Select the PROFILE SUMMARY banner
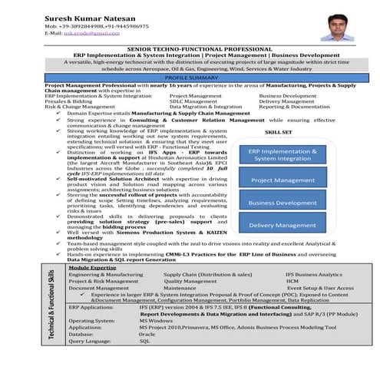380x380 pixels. pos(191,78)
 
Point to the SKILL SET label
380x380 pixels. pos(277,132)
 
